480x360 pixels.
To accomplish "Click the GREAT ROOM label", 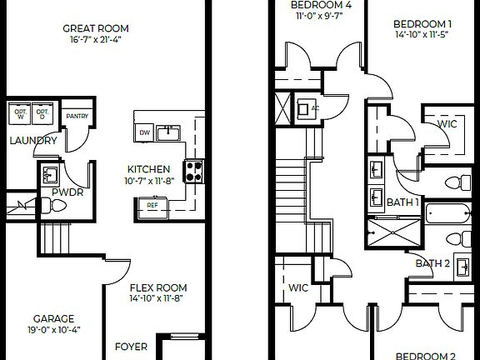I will pos(96,28).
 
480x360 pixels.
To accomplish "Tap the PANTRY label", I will pos(77,116).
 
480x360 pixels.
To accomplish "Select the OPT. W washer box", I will pos(19,114).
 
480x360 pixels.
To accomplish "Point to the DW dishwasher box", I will pos(144,132).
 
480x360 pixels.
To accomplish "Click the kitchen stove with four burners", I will pos(193,171).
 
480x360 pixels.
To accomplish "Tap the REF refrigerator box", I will pos(152,204).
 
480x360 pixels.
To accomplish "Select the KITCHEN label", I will pos(148,168).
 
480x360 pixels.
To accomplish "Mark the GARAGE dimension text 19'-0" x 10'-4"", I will pos(53,331).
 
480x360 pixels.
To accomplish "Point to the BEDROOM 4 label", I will pos(321,5).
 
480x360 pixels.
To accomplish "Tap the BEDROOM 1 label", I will pos(423,24).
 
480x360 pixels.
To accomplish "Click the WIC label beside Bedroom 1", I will pos(447,124).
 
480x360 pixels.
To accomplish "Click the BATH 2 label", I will pos(432,264).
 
